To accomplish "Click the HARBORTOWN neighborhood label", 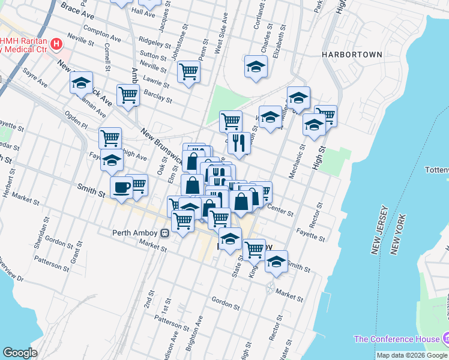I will pyautogui.click(x=352, y=54).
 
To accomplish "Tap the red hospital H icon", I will pyautogui.click(x=56, y=44).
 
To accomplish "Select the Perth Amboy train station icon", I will pyautogui.click(x=164, y=233).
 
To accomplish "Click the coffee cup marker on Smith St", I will pyautogui.click(x=121, y=187).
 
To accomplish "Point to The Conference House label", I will pyautogui.click(x=396, y=339).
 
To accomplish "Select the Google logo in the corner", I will pyautogui.click(x=20, y=353).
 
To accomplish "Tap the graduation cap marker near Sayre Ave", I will pyautogui.click(x=81, y=84).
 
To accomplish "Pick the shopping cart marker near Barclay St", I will pyautogui.click(x=128, y=95).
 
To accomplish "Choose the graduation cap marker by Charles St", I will pyautogui.click(x=256, y=67).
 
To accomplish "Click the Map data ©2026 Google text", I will pyautogui.click(x=412, y=355).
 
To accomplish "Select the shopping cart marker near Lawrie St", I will pyautogui.click(x=189, y=71).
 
